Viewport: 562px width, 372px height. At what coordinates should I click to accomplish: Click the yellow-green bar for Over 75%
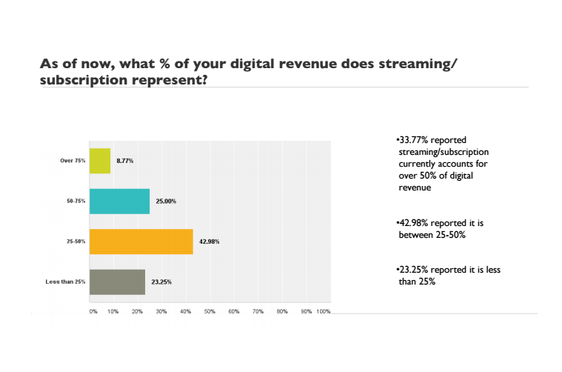(100, 161)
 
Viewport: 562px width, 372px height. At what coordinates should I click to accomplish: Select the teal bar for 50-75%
(119, 201)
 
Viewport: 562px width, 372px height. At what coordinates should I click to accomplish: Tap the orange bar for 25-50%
(141, 241)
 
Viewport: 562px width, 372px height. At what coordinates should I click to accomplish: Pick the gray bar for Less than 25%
(117, 282)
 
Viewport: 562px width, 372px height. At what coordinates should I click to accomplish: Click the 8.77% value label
(124, 161)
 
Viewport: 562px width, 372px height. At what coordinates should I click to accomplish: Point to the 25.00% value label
(164, 201)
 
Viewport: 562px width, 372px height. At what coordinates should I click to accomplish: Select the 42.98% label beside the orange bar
(208, 241)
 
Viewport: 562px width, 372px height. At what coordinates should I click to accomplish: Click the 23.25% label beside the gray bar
(160, 282)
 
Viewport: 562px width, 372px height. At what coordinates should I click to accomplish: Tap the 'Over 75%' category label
(73, 161)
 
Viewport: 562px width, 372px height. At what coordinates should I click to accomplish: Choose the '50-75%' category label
(75, 201)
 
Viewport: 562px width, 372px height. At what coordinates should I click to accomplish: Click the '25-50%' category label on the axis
(75, 241)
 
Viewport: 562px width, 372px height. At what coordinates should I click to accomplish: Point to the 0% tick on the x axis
(93, 312)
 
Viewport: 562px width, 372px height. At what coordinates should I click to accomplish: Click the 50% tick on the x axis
(210, 312)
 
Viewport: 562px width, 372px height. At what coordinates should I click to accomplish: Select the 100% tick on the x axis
(324, 312)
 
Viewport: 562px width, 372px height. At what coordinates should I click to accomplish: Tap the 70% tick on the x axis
(258, 312)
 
